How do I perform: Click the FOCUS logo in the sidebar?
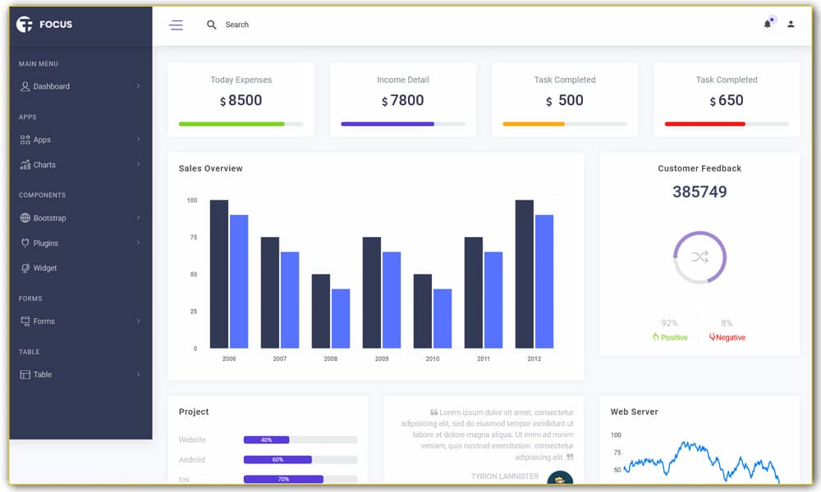pyautogui.click(x=45, y=25)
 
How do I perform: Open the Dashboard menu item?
pyautogui.click(x=51, y=86)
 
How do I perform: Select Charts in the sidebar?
pyautogui.click(x=44, y=165)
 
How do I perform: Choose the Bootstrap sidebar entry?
pyautogui.click(x=49, y=218)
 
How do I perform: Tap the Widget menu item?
pyautogui.click(x=45, y=268)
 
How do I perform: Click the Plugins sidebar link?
pyautogui.click(x=45, y=244)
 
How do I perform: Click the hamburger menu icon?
pyautogui.click(x=176, y=25)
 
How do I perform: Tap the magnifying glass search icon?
pyautogui.click(x=212, y=25)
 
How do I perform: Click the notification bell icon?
pyautogui.click(x=768, y=25)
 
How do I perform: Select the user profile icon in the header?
pyautogui.click(x=791, y=25)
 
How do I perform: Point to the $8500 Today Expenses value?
pyautogui.click(x=241, y=101)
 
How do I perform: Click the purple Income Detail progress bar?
pyautogui.click(x=388, y=124)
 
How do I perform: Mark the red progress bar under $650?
pyautogui.click(x=704, y=124)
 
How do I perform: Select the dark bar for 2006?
pyautogui.click(x=219, y=274)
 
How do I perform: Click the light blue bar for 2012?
pyautogui.click(x=544, y=281)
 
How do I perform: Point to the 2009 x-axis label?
pyautogui.click(x=382, y=359)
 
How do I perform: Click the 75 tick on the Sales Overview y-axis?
pyautogui.click(x=193, y=238)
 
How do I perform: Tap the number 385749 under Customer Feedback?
pyautogui.click(x=699, y=192)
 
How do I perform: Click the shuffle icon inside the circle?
pyautogui.click(x=699, y=257)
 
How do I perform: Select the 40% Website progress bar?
pyautogui.click(x=266, y=440)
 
